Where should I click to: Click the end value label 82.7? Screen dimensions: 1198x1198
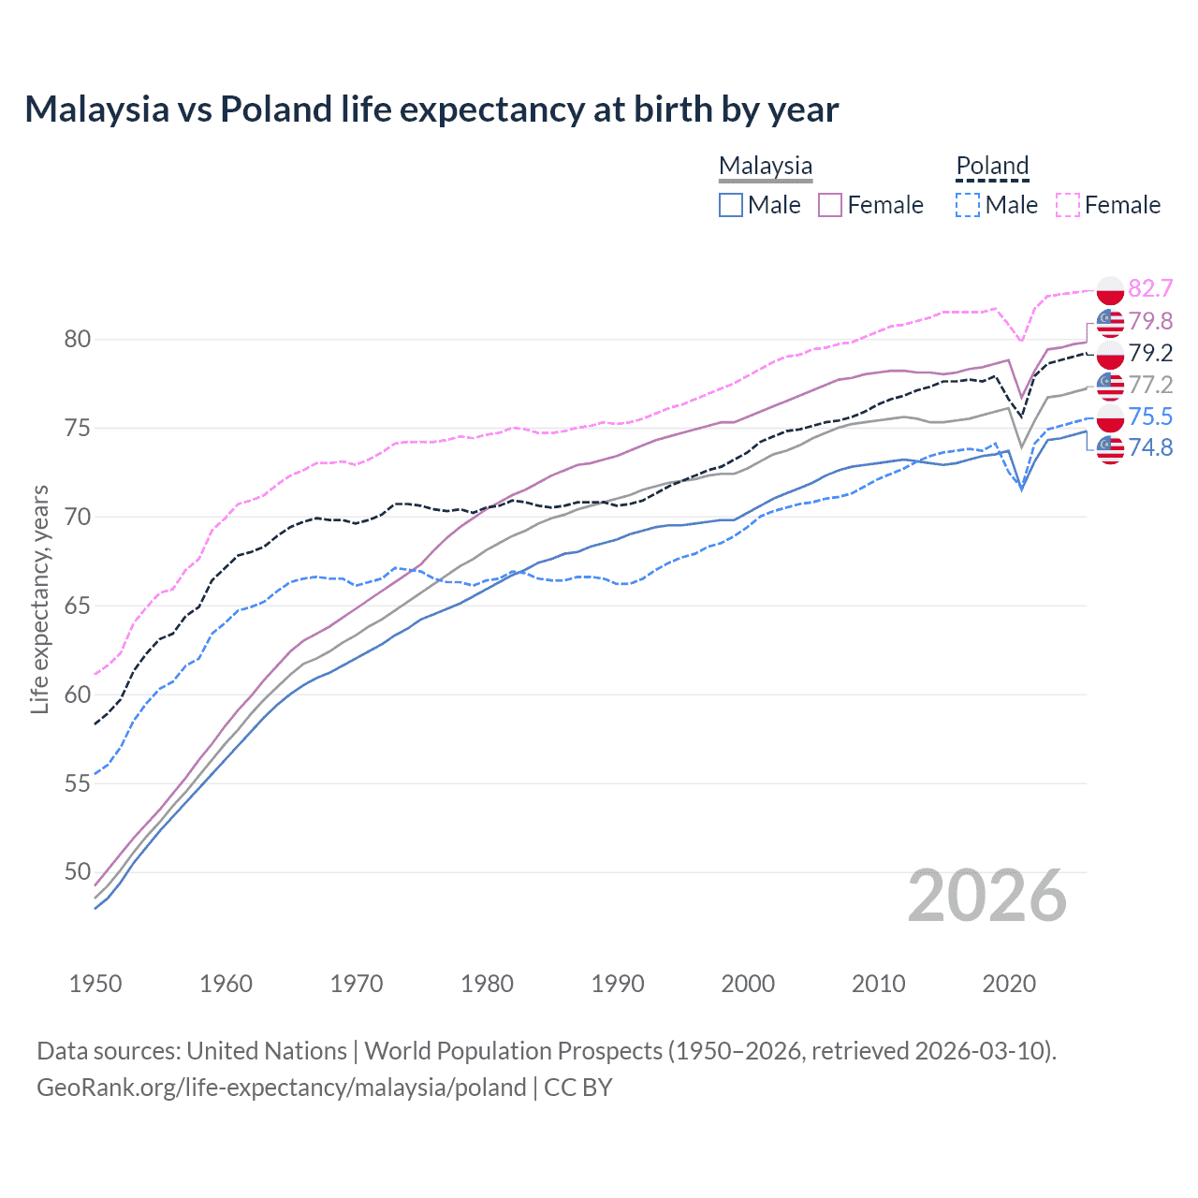click(1150, 288)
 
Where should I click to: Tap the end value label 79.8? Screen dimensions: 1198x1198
click(1150, 321)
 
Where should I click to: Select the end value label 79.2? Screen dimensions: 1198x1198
click(1150, 353)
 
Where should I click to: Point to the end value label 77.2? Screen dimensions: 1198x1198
click(1150, 385)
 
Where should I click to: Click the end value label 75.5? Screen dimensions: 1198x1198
click(1150, 416)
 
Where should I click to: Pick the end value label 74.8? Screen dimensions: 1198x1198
click(1150, 447)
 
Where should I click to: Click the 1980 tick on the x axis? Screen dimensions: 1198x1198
click(487, 984)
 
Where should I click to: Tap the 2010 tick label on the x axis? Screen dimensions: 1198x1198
click(878, 984)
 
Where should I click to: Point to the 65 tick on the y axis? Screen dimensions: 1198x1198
click(78, 606)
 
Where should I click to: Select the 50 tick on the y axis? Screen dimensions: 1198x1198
click(78, 872)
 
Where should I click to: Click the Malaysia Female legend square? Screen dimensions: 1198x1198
click(830, 205)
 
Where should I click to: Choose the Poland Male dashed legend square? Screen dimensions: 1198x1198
click(968, 205)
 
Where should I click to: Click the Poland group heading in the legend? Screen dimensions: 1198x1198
click(992, 166)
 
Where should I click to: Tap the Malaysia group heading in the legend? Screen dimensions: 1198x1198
click(766, 166)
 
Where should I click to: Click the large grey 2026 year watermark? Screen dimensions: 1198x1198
click(987, 897)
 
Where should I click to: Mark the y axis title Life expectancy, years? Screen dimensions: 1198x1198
click(40, 599)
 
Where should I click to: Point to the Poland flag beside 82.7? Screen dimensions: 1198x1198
click(1110, 289)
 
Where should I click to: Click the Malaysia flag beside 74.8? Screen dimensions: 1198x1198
click(1110, 449)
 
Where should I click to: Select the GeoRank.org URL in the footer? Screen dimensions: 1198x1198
click(281, 1088)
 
